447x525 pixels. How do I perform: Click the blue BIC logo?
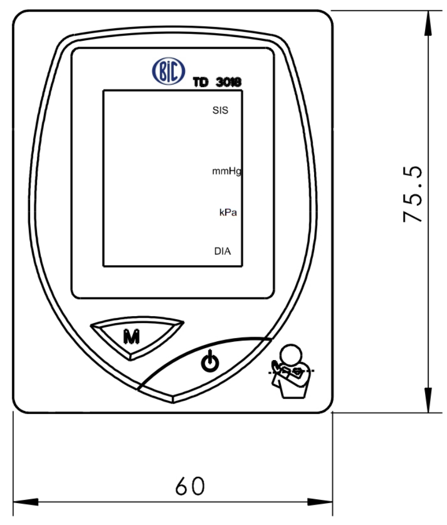click(x=168, y=71)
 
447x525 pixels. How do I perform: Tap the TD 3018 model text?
click(x=217, y=82)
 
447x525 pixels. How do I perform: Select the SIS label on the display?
click(x=220, y=110)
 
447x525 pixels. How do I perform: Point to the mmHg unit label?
click(x=227, y=171)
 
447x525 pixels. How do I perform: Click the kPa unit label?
click(x=228, y=212)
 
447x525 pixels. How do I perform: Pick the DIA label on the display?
click(x=222, y=251)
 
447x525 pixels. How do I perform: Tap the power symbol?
click(x=210, y=361)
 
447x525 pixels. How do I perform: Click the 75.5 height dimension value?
click(x=413, y=194)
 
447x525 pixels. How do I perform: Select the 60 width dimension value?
click(x=190, y=486)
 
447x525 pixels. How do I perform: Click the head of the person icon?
click(x=291, y=355)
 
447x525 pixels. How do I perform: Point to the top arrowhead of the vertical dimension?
click(x=428, y=23)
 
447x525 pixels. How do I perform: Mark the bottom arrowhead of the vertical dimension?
click(x=428, y=400)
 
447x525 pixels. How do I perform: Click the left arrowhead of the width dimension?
click(x=26, y=501)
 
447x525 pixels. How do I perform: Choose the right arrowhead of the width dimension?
click(x=320, y=501)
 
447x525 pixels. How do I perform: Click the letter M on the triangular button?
click(x=131, y=336)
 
